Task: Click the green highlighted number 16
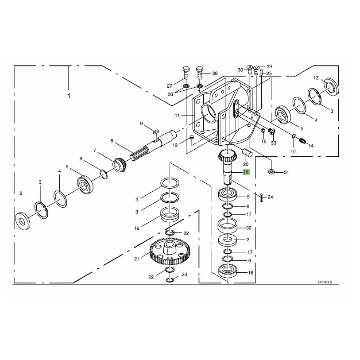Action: coord(246,172)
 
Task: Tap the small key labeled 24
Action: coord(262,198)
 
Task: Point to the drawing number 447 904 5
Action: coord(325,282)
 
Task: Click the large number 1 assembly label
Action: coord(69,96)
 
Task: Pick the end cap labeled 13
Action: coord(331,87)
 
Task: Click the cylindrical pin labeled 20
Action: coord(248,153)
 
